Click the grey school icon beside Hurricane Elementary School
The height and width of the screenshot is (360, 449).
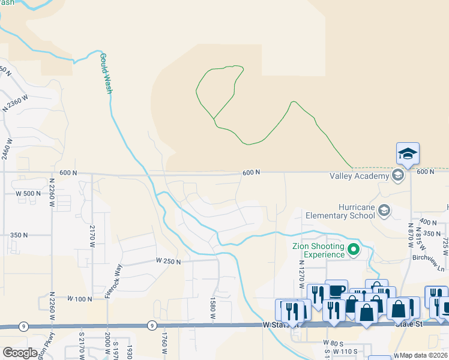click(x=385, y=211)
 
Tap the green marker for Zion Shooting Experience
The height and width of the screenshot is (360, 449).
click(x=354, y=250)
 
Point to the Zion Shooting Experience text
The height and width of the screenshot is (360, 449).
click(x=318, y=250)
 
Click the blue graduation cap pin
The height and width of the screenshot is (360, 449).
click(x=408, y=154)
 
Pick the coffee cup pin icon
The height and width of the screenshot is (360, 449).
click(x=336, y=290)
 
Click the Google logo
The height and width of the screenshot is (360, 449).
click(x=20, y=353)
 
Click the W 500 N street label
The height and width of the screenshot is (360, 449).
click(x=28, y=193)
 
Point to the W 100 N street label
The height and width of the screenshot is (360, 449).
click(x=79, y=298)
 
